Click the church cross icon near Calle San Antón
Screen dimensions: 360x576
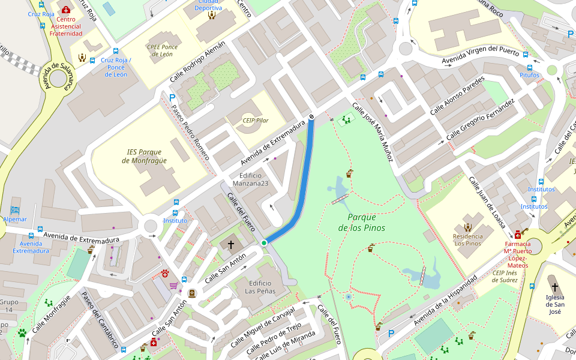(x=230, y=245)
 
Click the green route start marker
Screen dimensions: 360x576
(x=264, y=242)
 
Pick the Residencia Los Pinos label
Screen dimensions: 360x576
(x=467, y=239)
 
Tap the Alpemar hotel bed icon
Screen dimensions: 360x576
(x=15, y=210)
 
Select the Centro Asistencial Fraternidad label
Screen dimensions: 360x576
(x=65, y=26)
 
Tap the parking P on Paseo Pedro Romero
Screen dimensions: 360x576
(x=173, y=97)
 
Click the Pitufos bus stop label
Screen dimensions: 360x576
(x=529, y=76)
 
